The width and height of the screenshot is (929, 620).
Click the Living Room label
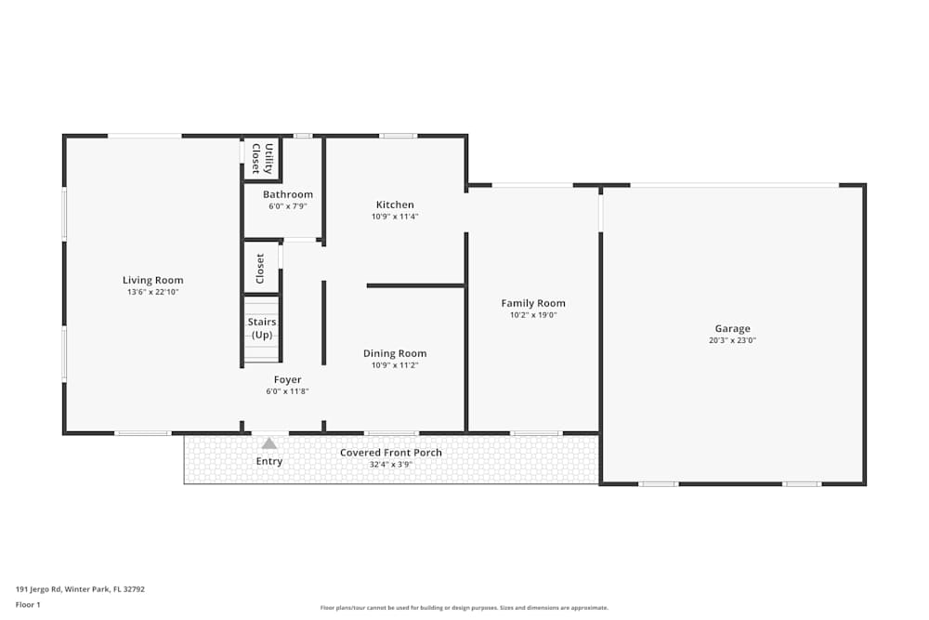153,280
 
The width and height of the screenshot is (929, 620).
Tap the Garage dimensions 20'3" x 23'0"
732,340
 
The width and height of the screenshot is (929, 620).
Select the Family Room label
533,303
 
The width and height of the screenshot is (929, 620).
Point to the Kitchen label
395,204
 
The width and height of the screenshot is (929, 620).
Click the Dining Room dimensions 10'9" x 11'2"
395,365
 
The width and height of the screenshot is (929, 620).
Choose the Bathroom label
287,194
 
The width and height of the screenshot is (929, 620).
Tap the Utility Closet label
262,159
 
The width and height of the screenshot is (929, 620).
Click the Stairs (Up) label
262,328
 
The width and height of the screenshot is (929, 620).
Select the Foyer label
287,379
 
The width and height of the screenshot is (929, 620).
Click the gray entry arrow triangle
269,443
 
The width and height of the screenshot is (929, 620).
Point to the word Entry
269,461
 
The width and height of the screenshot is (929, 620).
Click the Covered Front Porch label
391,453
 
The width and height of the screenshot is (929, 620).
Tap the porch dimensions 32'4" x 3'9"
391,464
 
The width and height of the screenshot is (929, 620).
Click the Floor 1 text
28,604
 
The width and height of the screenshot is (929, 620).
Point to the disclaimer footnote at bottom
464,608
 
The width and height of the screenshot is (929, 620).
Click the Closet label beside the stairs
260,269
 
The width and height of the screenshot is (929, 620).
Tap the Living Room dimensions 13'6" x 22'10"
153,292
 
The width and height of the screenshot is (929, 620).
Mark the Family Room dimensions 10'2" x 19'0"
533,315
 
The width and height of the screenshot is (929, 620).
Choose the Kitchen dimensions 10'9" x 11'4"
395,217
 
